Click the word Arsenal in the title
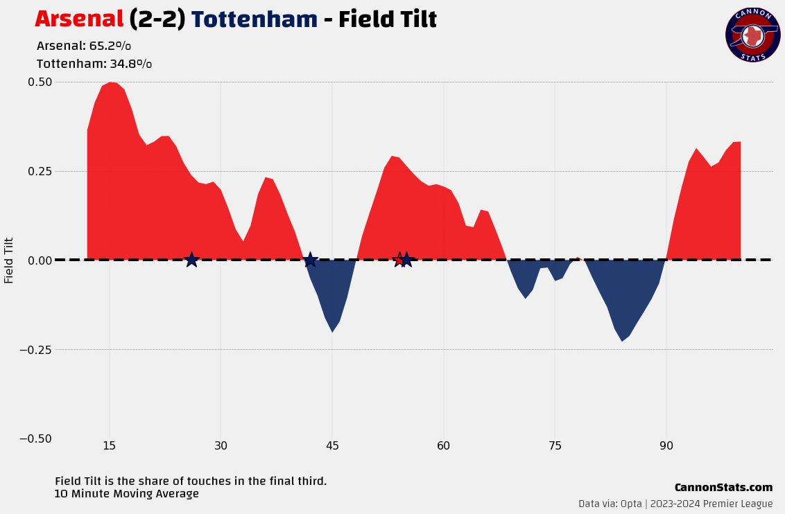pos(79,19)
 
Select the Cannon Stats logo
pos(753,35)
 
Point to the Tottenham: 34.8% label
pos(94,64)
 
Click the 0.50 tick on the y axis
pos(40,82)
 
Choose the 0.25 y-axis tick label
pos(40,171)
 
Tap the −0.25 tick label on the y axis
pos(35,350)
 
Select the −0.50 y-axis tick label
pos(35,438)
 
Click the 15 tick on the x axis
pos(109,445)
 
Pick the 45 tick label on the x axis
pos(332,445)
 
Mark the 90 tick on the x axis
pos(666,445)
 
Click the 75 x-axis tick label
pos(555,445)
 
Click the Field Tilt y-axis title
pos(9,260)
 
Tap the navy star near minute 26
pos(192,260)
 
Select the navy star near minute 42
pos(311,260)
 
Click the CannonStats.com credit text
pos(723,488)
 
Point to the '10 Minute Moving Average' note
pos(126,494)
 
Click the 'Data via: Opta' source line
pos(675,504)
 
